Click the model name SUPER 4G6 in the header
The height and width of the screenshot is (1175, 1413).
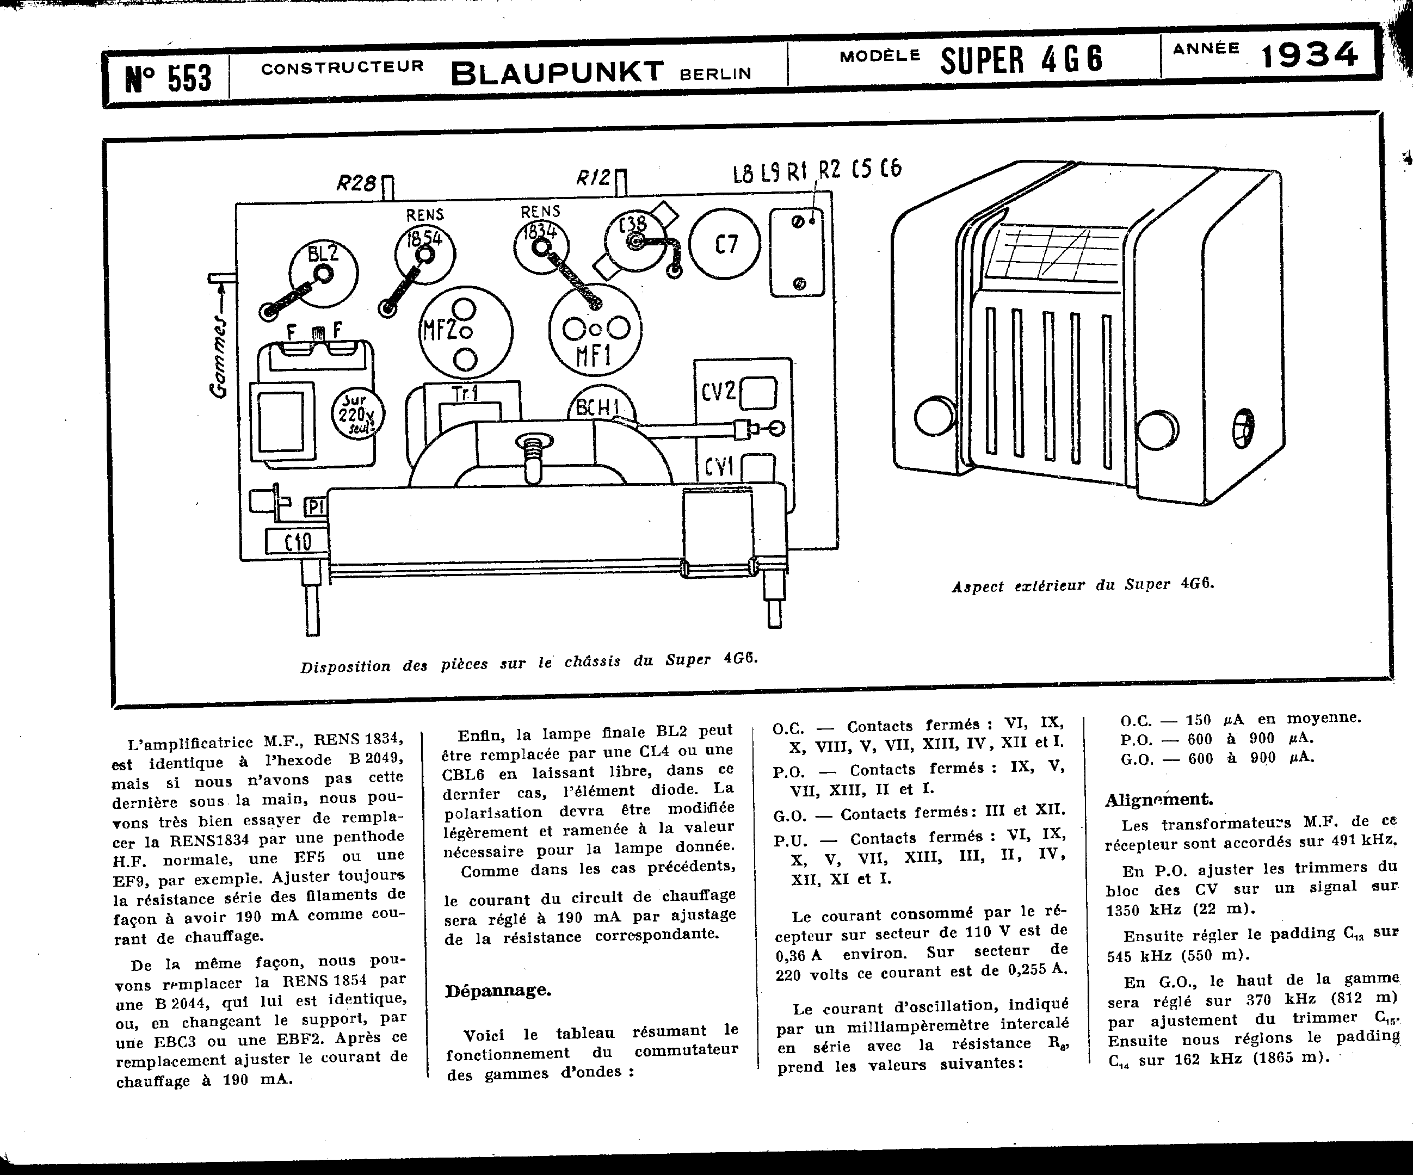(1021, 59)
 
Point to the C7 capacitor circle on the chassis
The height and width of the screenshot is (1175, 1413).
(725, 244)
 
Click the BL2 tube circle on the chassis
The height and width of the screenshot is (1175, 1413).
(324, 272)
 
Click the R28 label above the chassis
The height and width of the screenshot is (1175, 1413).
(356, 183)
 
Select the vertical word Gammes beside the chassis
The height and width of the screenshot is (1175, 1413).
(219, 356)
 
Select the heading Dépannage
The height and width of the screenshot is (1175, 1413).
(498, 991)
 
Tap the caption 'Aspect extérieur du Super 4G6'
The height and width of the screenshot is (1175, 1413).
(1083, 584)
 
